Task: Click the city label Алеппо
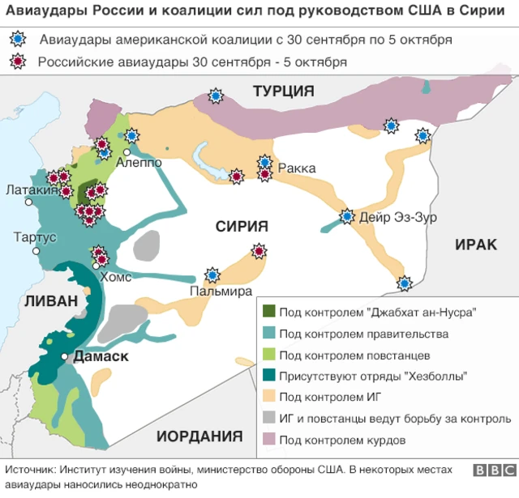click(139, 162)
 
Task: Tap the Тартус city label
click(35, 237)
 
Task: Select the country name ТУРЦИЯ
click(283, 92)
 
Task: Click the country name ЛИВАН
click(40, 300)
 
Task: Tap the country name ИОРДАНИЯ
click(199, 436)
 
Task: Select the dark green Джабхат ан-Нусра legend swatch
click(268, 313)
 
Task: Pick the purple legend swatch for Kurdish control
click(268, 441)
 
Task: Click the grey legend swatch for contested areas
click(268, 419)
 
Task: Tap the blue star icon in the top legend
click(17, 40)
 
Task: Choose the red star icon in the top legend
click(17, 62)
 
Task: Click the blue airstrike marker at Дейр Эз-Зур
click(347, 216)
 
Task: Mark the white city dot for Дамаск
click(64, 356)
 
